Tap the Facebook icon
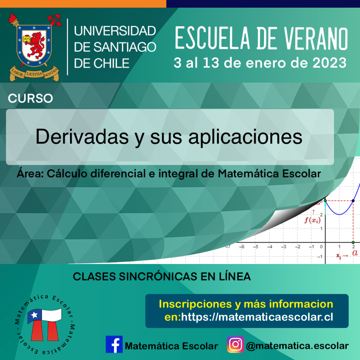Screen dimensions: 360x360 coord(114,344)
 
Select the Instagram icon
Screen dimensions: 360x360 coord(236,344)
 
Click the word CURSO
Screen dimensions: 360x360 coord(30,98)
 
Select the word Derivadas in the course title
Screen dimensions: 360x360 coord(82,137)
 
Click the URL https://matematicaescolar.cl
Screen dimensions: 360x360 coord(257,317)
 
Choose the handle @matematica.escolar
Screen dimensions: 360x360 coord(297,346)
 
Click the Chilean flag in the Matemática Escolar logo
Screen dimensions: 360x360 coord(45,315)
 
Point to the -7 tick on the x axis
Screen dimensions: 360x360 coord(228,246)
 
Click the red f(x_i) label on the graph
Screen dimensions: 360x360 coord(312,220)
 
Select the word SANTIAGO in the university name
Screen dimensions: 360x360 coord(125,47)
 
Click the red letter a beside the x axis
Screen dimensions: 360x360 coord(355,253)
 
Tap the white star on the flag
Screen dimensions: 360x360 coord(34,315)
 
